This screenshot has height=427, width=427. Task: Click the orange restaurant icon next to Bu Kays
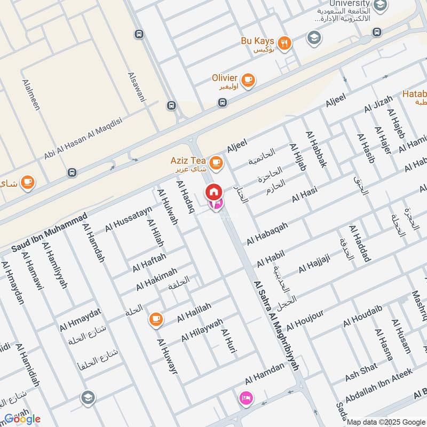pos(285,43)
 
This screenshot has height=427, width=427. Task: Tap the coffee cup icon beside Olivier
pos(248,80)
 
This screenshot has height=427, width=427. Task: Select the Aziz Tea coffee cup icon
pos(216,162)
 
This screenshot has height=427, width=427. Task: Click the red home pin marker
pos(214,192)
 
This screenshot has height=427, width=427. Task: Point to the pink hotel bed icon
pos(246,398)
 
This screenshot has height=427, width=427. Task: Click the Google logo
pos(22,418)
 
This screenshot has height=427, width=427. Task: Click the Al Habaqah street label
pos(267,234)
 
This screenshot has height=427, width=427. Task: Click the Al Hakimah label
pos(156,279)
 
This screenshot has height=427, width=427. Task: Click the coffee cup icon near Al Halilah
pos(155,319)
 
